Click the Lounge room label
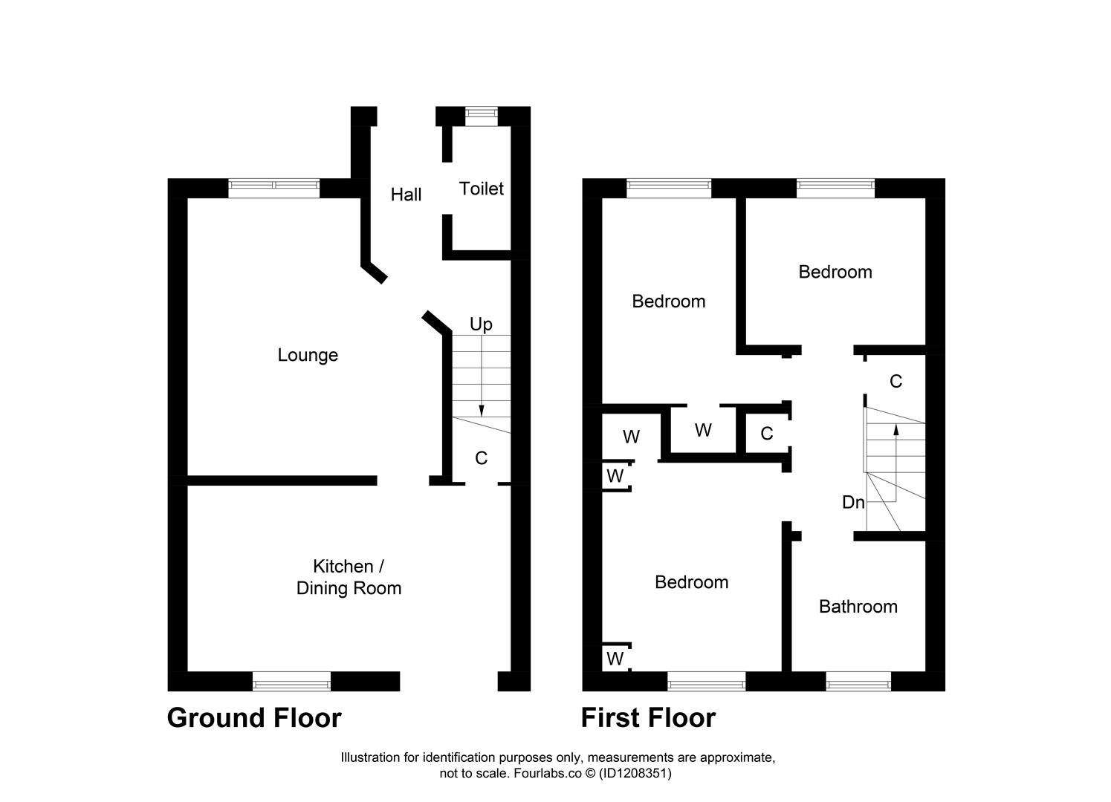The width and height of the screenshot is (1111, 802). point(308,355)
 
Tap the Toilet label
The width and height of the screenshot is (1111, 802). point(482,189)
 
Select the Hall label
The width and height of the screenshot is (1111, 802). point(406,195)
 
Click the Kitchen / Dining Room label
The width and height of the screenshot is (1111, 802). point(349,577)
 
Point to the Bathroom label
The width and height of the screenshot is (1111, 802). point(858,607)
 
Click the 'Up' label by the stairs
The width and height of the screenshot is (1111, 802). point(481,325)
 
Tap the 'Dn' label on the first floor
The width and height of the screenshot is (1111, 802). point(853,503)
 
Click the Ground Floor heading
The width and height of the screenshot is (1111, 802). point(254,718)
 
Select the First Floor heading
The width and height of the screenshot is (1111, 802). point(648,718)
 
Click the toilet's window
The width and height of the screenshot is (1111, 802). point(482,113)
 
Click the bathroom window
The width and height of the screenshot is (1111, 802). point(858,680)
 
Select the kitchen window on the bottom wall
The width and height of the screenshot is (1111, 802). point(291,680)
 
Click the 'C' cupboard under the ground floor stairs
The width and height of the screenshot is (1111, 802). point(481,458)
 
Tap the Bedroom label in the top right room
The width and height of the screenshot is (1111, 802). point(835,272)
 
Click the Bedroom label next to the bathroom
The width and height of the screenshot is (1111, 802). point(691,582)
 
